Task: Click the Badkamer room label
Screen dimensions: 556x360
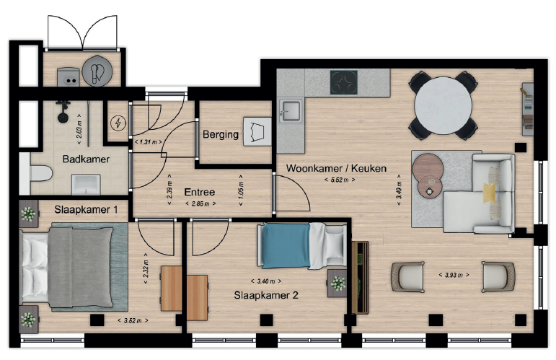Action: coord(86,159)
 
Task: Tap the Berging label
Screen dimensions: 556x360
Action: coord(221,135)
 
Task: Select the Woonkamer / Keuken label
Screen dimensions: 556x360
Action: coord(336,168)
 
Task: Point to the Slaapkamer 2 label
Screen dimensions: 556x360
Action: coord(266,295)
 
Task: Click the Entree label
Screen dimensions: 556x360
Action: coord(200,192)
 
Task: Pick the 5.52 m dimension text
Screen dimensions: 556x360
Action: coord(340,180)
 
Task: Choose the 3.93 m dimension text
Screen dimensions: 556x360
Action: coord(454,275)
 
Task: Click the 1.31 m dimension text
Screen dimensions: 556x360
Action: coord(149,142)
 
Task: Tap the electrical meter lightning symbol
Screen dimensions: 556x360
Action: coord(118,123)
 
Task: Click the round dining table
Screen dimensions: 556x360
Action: coord(443,105)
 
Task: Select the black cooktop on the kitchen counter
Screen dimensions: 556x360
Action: coord(343,82)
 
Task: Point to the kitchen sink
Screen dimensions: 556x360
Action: coord(290,111)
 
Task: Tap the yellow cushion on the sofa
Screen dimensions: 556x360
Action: coord(490,193)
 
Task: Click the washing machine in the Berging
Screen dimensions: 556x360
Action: coord(257,131)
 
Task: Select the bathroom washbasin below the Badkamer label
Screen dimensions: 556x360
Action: coord(86,185)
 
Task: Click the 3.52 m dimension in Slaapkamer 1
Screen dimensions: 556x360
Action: coord(133,320)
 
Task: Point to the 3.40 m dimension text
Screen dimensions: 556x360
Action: coord(266,281)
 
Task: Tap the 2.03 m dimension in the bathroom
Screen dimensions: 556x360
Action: coord(79,129)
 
